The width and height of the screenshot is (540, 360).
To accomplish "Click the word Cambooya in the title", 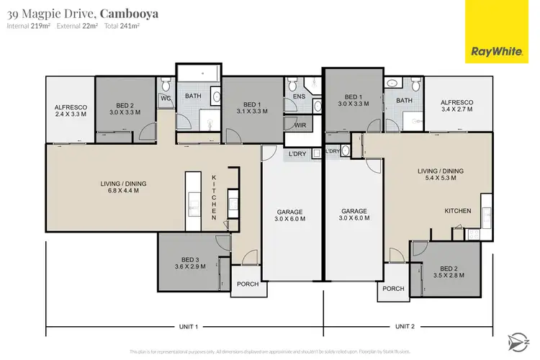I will coord(129,13).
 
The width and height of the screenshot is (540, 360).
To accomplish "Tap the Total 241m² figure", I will coord(123,26).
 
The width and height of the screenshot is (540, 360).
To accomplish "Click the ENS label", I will coord(300,96).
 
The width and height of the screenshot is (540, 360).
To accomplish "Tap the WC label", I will coord(166,98).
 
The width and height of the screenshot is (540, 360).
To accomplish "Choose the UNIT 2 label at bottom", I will coord(405,326).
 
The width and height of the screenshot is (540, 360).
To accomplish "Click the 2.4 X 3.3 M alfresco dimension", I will coord(70,114).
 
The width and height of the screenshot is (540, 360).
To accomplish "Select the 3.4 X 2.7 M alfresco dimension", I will coord(456,112).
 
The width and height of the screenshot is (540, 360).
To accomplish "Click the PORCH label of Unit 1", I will coord(248,284).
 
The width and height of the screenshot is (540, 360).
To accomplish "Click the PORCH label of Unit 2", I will coord(393,289).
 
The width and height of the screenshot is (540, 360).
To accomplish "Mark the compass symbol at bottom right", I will coord(516,339).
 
